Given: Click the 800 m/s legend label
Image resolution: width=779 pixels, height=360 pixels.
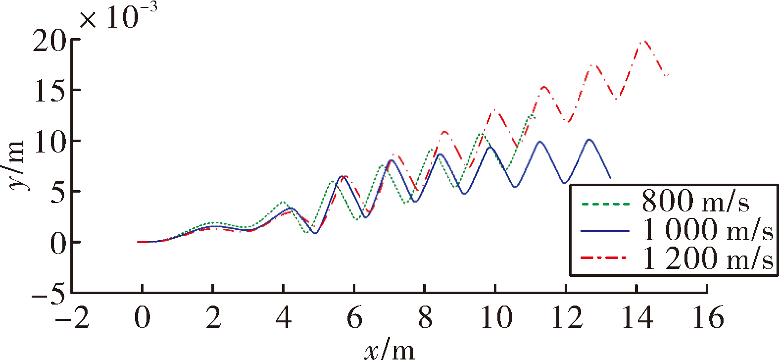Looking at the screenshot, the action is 695,201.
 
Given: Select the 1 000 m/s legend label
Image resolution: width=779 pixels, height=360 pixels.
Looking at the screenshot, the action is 707,230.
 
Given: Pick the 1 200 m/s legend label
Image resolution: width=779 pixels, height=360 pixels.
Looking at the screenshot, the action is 707,258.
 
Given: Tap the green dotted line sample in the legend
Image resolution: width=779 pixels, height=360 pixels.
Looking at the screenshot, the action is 605,205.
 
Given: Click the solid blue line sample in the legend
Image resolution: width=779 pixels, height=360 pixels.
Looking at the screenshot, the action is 605,231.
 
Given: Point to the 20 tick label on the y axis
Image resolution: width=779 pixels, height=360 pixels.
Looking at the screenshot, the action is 49,41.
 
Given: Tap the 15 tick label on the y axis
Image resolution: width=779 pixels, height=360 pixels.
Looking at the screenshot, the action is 50,91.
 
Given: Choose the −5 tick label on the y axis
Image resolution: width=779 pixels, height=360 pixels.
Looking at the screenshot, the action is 49,293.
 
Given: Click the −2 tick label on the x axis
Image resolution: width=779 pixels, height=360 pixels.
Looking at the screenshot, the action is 72,317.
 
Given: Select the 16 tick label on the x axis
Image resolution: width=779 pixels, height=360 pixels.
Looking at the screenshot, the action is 708,317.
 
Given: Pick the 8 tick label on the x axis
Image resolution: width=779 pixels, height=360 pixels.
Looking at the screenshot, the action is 425,317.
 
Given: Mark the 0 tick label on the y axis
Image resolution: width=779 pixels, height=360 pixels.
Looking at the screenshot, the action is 58,242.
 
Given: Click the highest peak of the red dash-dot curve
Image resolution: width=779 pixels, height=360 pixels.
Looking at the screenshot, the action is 644,42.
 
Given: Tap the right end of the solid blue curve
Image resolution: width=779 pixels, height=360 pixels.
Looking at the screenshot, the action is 610,178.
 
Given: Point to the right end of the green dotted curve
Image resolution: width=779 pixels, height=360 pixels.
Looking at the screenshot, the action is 534,118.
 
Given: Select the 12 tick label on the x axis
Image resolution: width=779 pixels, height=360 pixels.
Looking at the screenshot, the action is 567,317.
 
